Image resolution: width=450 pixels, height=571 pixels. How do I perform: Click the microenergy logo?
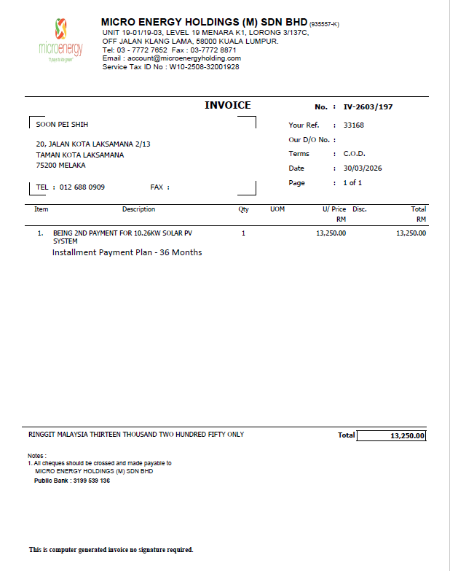coord(60,41)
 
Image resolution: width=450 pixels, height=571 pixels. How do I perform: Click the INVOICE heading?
coord(227,106)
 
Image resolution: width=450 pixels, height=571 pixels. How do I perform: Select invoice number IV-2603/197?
coord(368,106)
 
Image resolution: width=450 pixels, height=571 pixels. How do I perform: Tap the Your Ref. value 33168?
coord(354,125)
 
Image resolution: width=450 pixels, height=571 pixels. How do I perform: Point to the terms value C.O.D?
coord(355,154)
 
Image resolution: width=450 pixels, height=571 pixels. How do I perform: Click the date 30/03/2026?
coord(363,168)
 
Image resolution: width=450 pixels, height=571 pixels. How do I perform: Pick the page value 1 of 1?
coord(352,183)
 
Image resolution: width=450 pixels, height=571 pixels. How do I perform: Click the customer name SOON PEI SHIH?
coord(62,125)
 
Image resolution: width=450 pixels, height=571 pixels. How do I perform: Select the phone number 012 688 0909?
coord(82,187)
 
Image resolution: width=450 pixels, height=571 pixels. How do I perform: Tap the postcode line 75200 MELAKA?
coord(60,166)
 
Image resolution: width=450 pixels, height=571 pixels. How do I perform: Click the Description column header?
coord(138,209)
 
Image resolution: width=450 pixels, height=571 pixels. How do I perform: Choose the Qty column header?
coord(243,209)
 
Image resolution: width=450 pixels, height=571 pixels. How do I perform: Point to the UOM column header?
coord(277,209)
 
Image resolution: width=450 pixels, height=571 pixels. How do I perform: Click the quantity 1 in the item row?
coord(243,233)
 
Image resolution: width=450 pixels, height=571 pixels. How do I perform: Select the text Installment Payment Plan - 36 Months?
coord(127,252)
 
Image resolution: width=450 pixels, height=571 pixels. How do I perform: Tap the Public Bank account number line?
coord(72,481)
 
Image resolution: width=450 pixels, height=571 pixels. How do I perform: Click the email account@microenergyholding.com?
coord(172,58)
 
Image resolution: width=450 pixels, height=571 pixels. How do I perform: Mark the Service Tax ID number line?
coord(171,67)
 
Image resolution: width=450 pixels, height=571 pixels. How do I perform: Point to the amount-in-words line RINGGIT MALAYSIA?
coord(136,434)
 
